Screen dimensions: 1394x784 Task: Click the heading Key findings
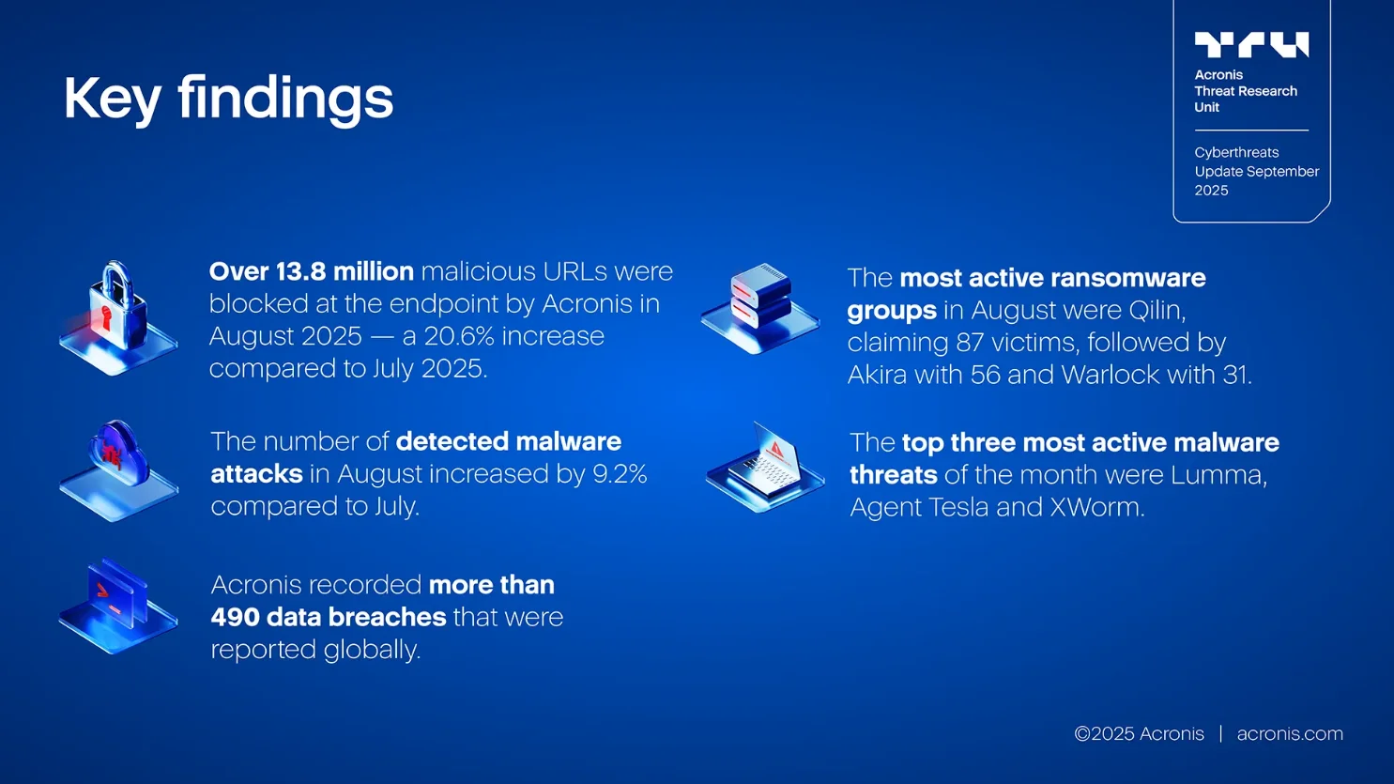pos(228,100)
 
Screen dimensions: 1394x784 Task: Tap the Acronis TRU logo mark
pos(1251,45)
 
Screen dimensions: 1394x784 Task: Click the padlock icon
pos(118,317)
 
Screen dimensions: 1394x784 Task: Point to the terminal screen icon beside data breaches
pos(118,606)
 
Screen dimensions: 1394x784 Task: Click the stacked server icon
pos(760,309)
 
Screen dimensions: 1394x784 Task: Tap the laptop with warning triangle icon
pos(765,468)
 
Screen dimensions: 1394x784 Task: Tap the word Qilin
pos(1157,310)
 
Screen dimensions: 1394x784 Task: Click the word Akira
pos(878,375)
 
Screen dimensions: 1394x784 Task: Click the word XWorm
pos(1095,507)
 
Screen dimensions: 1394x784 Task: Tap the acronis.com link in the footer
pos(1290,733)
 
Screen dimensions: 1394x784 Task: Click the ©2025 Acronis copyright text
pos(1140,733)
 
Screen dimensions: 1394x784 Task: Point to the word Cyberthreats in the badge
pos(1236,152)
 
